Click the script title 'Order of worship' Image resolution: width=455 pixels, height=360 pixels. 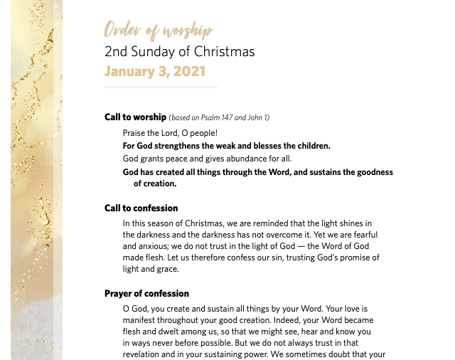[x=159, y=31]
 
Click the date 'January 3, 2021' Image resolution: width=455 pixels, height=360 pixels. [x=155, y=71]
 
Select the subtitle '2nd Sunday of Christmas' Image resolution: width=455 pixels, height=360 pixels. [x=179, y=51]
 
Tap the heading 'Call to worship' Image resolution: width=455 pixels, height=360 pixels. [x=135, y=117]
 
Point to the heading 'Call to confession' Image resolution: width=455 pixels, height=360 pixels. [x=141, y=208]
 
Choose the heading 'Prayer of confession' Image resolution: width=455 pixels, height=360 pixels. [x=146, y=294]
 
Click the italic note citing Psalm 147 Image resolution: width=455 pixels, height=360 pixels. [x=220, y=118]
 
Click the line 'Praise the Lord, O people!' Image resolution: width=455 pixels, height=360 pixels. [x=170, y=133]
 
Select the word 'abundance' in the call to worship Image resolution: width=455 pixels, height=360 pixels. [x=244, y=159]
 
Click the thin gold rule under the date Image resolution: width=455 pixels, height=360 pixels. [x=161, y=88]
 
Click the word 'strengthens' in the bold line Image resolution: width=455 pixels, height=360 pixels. [x=180, y=146]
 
